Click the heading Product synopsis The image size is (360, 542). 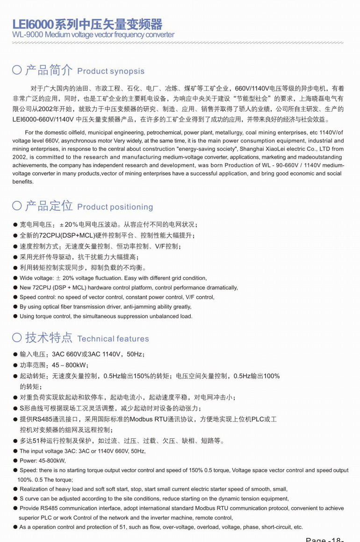click(111, 71)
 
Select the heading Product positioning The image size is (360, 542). click(115, 207)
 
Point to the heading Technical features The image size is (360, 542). click(113, 339)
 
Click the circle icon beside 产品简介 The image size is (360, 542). click(17, 71)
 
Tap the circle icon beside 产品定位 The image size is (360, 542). click(17, 206)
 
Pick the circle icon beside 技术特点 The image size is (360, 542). click(17, 338)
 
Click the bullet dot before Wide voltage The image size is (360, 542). click(15, 278)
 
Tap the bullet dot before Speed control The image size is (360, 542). click(15, 297)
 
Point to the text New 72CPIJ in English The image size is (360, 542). click(36, 288)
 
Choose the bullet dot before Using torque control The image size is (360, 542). click(15, 316)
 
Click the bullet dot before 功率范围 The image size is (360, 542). click(15, 365)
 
